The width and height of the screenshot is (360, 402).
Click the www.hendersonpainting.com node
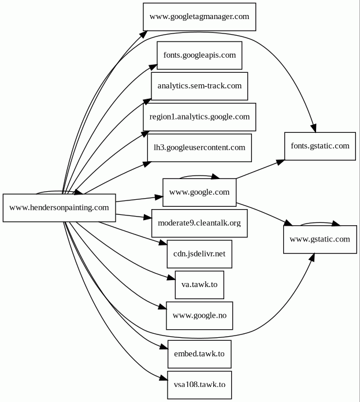coord(60,207)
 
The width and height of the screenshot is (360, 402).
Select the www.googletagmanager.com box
coord(199,17)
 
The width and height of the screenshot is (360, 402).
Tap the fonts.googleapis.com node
coord(199,55)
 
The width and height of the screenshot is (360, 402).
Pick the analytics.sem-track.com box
coord(199,86)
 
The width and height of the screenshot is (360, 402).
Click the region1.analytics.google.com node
coord(199,117)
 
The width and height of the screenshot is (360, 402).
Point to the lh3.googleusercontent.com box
coord(199,147)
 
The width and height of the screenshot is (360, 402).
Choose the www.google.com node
coord(199,192)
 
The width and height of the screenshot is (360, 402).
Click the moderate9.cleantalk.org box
coord(199,222)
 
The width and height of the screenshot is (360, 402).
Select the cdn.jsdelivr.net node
coord(199,254)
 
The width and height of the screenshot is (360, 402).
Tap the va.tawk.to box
coord(199,284)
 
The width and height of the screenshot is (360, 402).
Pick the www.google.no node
coord(199,316)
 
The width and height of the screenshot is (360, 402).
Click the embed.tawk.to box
coord(199,353)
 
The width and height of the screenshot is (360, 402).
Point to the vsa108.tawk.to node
coord(199,384)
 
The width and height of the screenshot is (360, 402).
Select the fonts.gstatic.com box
coord(320,146)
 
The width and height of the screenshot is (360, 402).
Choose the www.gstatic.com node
coord(320,239)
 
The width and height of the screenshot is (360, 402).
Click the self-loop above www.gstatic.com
coord(320,222)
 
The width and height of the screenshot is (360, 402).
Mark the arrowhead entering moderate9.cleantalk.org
coord(147,218)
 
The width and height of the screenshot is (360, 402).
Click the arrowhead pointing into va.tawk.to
coord(170,279)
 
